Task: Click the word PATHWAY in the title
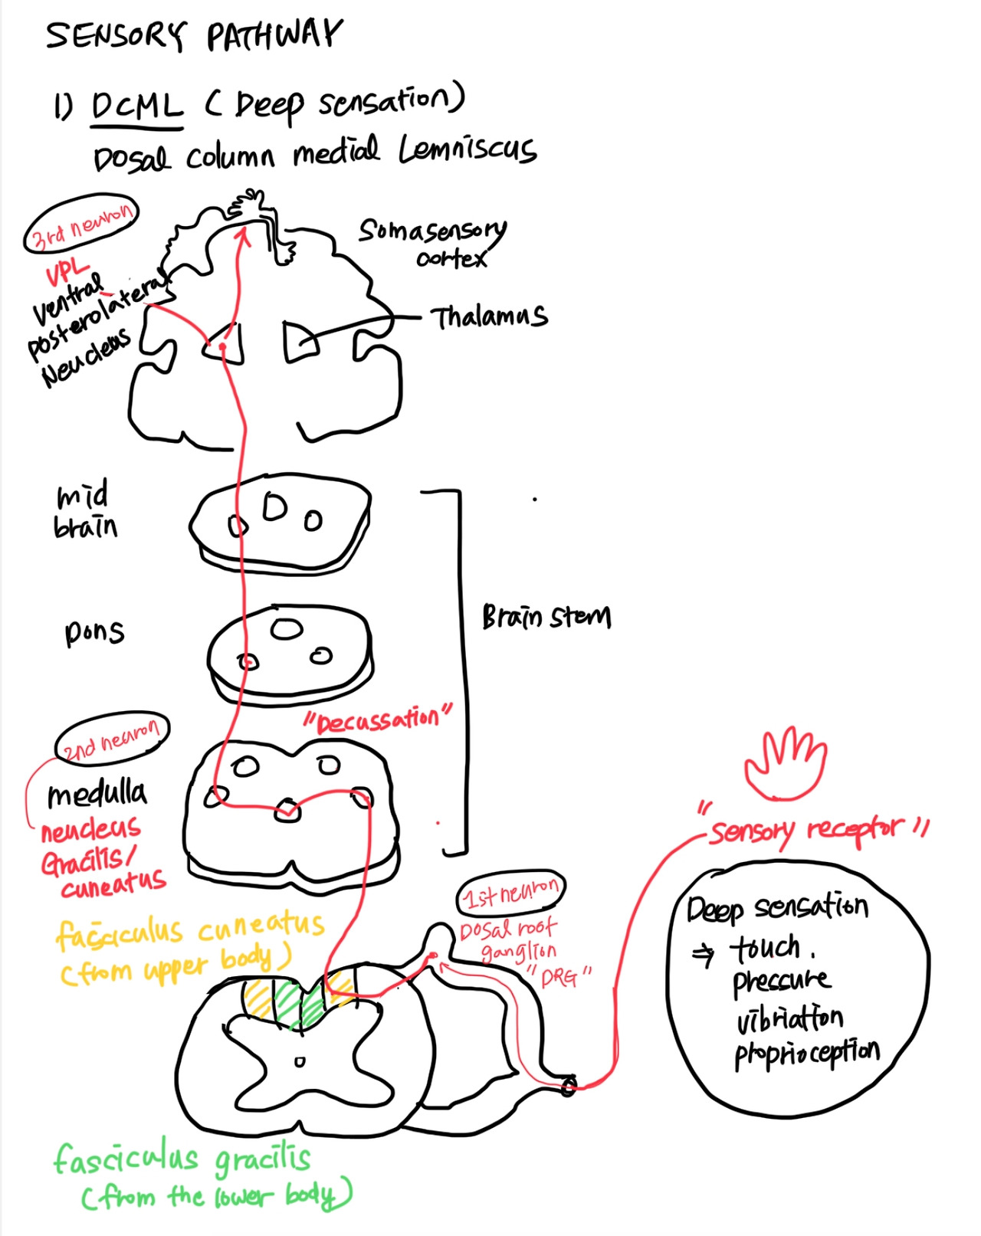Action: (x=273, y=35)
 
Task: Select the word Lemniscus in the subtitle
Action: (x=467, y=149)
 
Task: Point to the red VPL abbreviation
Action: (x=67, y=271)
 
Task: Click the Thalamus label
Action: (x=489, y=316)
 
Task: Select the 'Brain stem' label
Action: (x=546, y=616)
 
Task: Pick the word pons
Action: (x=94, y=631)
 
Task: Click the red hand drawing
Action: (x=785, y=763)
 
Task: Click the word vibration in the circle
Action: (x=789, y=1018)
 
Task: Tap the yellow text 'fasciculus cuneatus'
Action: (x=190, y=929)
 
